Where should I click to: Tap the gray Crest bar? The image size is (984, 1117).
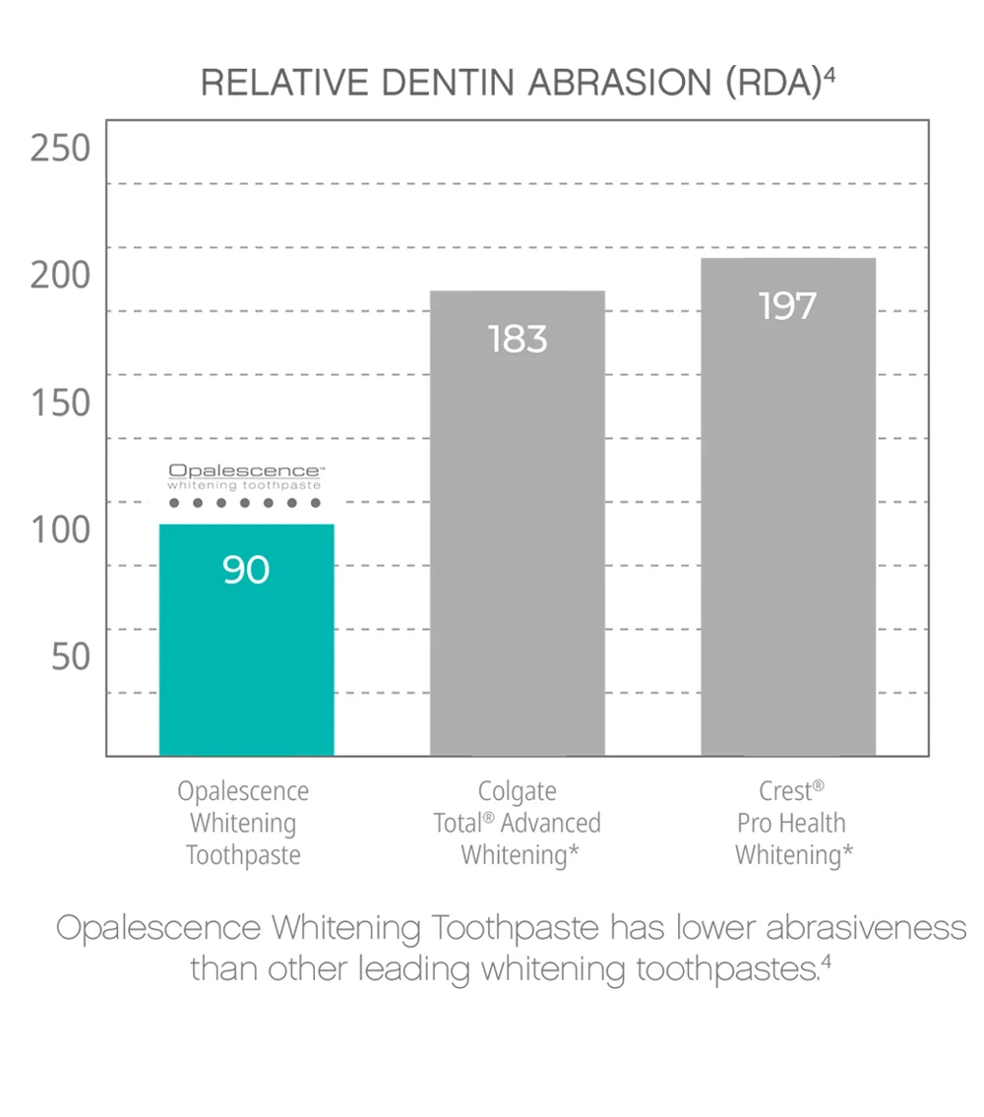coord(787,531)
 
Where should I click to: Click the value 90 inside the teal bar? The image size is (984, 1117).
coord(246,570)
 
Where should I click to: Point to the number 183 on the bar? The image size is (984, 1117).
coord(517,340)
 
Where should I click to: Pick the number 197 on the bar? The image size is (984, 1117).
coord(787,307)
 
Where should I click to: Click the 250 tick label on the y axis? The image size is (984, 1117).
coord(60,149)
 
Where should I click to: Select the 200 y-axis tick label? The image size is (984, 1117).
coord(60,276)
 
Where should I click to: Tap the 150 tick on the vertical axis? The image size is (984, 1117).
coord(60,403)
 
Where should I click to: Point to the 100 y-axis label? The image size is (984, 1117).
coord(60,529)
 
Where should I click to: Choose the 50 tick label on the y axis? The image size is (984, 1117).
coord(71,656)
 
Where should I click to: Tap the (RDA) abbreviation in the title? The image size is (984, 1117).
coord(773,84)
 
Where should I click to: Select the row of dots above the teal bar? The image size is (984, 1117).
coord(245,503)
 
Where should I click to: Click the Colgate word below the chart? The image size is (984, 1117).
coord(517,791)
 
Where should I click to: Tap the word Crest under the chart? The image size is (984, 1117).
coord(785,791)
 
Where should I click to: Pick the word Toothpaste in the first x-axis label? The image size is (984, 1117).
coord(243,854)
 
